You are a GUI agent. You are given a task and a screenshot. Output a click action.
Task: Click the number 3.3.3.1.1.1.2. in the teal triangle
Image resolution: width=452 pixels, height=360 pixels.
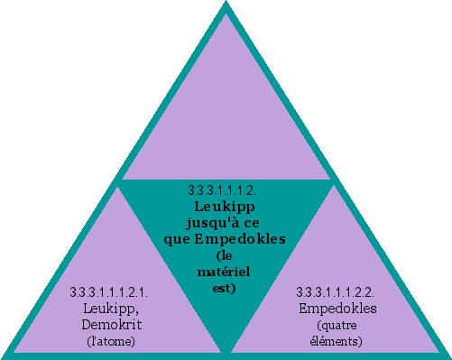223,190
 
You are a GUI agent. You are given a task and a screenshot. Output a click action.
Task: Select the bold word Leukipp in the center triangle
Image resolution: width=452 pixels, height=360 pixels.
225,206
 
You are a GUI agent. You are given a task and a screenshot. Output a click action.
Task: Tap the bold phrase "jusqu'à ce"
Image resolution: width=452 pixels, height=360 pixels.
225,222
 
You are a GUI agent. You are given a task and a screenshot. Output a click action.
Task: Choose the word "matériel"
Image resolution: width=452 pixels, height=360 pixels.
225,272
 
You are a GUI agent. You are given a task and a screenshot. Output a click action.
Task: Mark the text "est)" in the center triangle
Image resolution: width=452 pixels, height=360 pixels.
225,288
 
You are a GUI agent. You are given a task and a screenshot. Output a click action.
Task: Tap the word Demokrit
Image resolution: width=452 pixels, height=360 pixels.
109,324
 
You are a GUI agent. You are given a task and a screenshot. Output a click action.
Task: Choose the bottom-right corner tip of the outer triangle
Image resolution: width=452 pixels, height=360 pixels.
447,355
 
